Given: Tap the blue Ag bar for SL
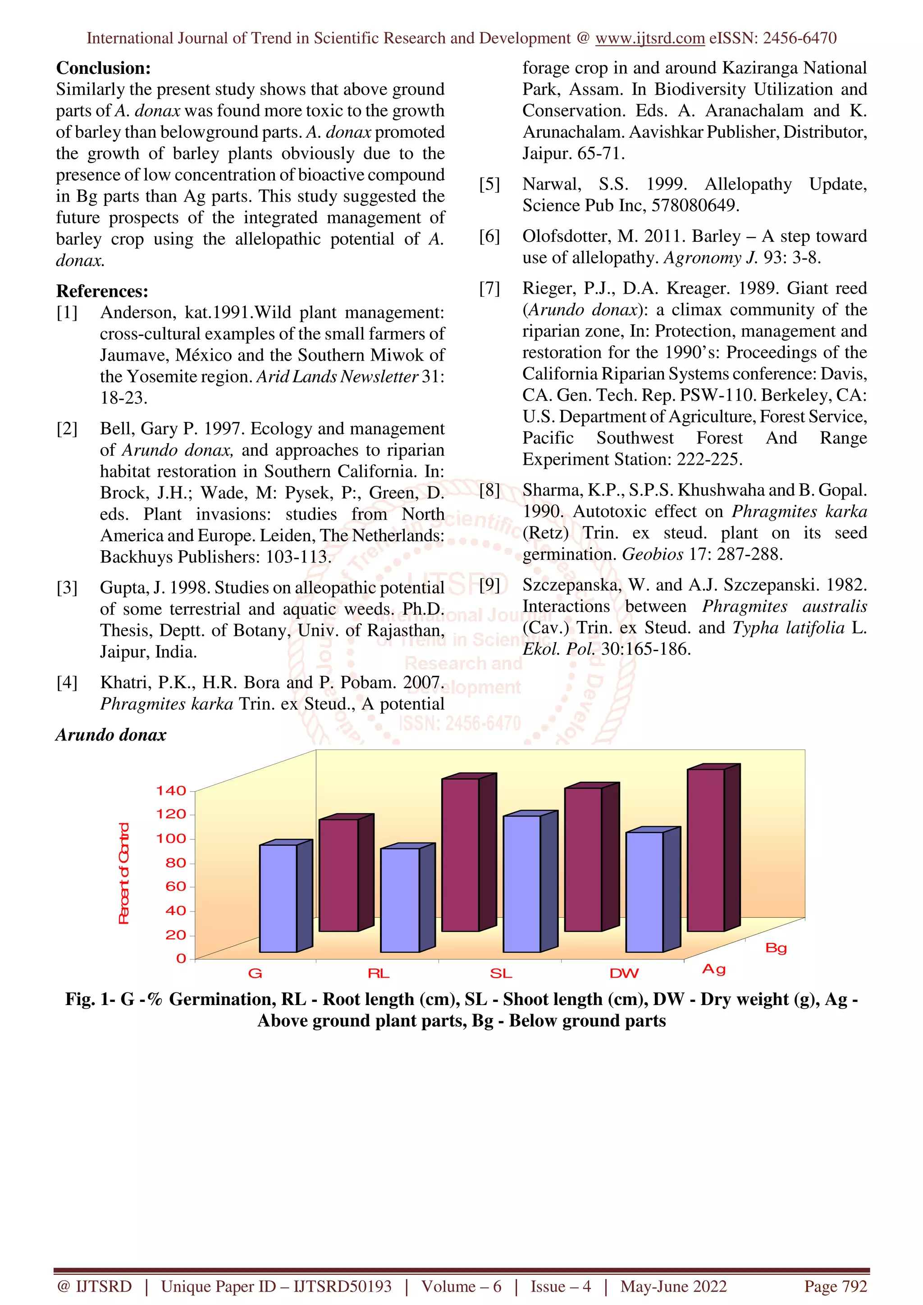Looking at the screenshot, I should (x=522, y=884).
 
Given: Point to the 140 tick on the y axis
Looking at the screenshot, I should (x=171, y=791).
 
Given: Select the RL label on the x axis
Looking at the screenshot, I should (x=378, y=974).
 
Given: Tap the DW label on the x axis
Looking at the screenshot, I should (x=624, y=974).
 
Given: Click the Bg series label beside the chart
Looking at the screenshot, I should (x=776, y=948).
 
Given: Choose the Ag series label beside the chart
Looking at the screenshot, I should (x=714, y=969).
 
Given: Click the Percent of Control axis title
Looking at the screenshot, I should (x=123, y=874).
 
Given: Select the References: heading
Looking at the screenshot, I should (x=102, y=291).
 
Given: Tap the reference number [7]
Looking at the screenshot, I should (x=489, y=289).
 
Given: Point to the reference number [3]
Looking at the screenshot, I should (x=67, y=588).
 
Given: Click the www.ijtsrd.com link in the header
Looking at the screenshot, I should (x=650, y=38).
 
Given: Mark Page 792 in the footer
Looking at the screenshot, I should (x=835, y=1286).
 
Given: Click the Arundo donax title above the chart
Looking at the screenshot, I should (x=111, y=735).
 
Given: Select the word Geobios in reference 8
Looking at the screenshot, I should (x=652, y=554).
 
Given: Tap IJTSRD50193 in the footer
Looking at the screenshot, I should (x=343, y=1286).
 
